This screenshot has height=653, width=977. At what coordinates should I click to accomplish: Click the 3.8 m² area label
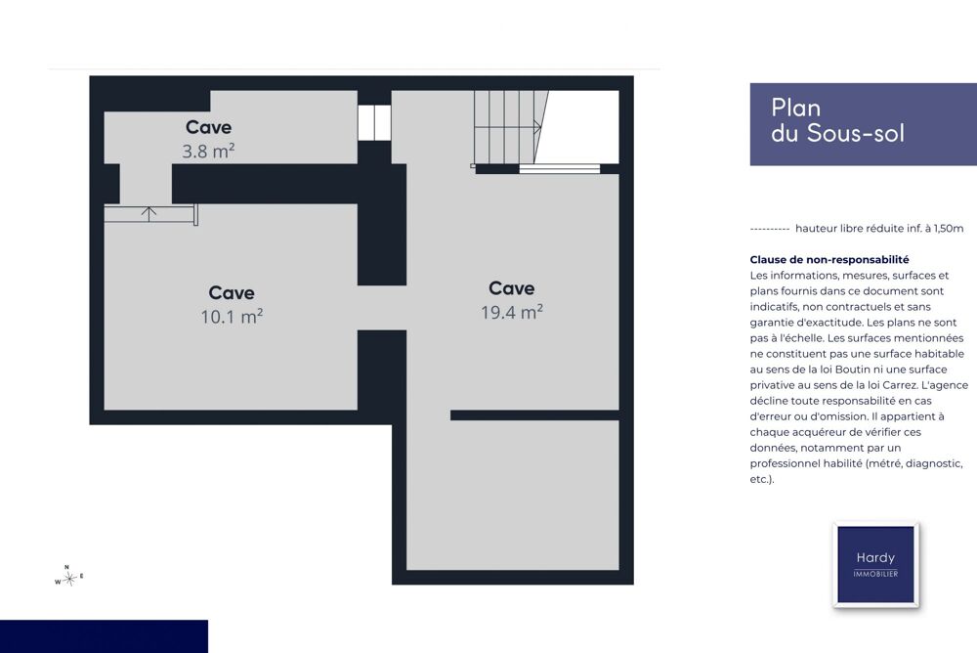click(x=208, y=151)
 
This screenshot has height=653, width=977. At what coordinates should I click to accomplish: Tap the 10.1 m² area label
click(x=232, y=316)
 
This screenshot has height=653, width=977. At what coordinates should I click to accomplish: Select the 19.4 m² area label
click(x=512, y=312)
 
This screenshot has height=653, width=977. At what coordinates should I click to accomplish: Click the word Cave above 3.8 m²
click(x=209, y=127)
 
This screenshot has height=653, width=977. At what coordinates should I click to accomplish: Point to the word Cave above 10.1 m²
click(x=232, y=292)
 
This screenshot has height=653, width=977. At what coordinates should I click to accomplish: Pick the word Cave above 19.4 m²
click(x=512, y=288)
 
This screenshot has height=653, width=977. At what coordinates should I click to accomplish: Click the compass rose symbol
click(x=69, y=577)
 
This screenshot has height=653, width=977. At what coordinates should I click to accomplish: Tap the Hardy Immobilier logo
click(x=875, y=564)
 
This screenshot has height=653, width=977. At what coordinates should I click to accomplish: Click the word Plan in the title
click(x=795, y=108)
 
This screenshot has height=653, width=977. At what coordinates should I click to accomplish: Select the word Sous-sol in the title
click(x=856, y=133)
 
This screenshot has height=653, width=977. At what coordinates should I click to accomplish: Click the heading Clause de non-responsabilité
click(x=829, y=259)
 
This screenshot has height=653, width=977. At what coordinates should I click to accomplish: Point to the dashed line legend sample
click(x=770, y=229)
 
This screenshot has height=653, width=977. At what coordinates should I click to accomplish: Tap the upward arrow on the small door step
click(x=149, y=213)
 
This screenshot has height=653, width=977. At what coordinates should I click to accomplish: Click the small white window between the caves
click(x=374, y=123)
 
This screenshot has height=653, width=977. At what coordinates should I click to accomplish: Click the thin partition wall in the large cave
click(x=534, y=415)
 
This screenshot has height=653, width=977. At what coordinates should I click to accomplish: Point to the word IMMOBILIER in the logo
click(x=875, y=574)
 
